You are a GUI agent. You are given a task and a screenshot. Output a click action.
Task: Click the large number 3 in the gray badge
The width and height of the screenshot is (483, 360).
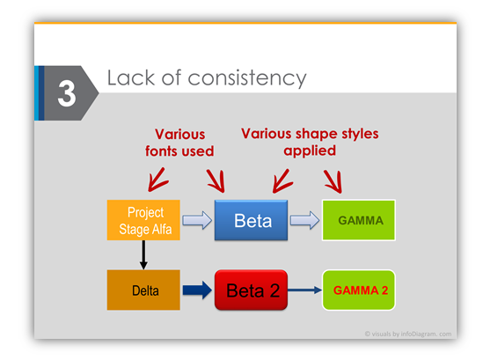click(67, 93)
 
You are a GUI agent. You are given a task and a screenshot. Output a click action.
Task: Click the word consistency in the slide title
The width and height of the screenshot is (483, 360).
click(247, 78)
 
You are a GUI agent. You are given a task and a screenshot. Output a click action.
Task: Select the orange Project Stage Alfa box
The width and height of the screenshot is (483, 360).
click(143, 220)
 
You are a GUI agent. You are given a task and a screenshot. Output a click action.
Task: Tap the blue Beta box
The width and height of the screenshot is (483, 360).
click(251, 220)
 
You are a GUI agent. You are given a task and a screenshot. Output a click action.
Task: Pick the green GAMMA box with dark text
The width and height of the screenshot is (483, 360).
click(359, 220)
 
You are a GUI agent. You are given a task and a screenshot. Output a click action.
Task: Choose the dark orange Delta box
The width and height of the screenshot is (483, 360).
click(143, 290)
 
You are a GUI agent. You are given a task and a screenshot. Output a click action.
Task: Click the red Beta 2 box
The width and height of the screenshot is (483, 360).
click(251, 290)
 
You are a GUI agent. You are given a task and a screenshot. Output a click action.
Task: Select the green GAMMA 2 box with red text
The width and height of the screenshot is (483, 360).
click(359, 290)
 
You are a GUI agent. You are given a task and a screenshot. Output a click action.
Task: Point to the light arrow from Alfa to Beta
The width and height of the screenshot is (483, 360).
click(197, 220)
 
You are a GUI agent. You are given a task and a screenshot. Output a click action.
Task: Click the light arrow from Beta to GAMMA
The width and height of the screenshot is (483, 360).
click(305, 220)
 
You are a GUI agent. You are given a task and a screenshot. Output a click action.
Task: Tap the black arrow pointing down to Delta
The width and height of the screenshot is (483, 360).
click(143, 255)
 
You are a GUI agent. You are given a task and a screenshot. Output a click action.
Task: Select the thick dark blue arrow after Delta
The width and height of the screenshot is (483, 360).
click(197, 290)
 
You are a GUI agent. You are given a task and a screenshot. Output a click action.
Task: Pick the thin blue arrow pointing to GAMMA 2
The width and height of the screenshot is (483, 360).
click(305, 290)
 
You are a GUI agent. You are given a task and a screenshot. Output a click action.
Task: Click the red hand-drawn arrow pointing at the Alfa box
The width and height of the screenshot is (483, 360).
click(157, 180)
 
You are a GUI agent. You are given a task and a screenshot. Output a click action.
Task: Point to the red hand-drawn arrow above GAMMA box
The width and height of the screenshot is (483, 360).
click(334, 181)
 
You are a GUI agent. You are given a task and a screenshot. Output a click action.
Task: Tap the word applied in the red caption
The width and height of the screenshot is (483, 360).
click(310, 151)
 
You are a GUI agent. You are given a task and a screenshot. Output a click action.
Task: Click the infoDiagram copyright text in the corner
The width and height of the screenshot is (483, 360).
click(408, 334)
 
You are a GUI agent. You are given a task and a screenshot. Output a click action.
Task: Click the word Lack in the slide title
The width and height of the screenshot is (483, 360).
click(130, 77)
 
